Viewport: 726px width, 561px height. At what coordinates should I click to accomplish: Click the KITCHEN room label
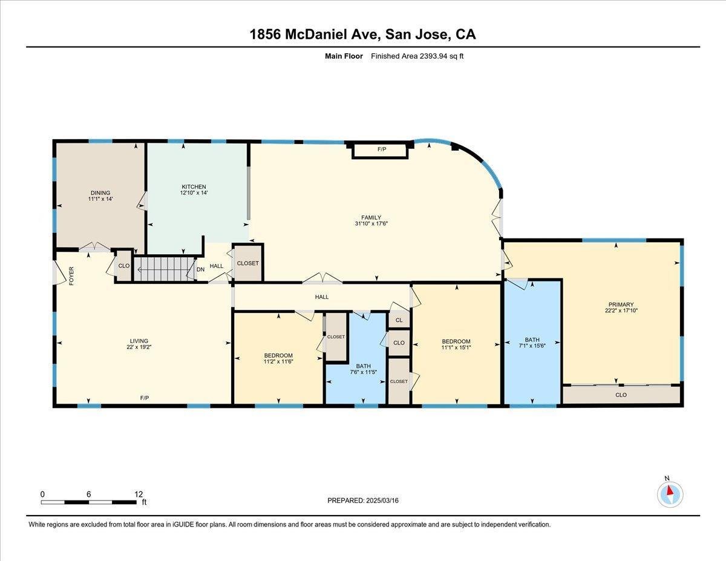point(194,187)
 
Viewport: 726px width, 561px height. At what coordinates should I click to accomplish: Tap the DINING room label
point(100,193)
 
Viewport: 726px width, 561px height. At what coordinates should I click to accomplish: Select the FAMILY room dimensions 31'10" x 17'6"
point(371,223)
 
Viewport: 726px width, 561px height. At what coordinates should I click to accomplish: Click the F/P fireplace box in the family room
point(381,149)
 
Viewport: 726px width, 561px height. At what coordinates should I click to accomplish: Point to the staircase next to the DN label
point(165,269)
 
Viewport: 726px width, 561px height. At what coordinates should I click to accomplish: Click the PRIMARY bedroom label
point(621,304)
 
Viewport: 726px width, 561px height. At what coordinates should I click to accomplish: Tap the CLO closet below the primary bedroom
point(621,395)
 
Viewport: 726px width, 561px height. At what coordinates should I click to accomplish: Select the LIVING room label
point(139,341)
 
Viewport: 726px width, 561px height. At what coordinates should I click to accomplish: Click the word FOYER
point(71,276)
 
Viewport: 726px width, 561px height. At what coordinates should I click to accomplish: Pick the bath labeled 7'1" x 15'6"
point(532,343)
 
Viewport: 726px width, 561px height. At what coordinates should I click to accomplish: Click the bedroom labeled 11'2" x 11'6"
point(278,358)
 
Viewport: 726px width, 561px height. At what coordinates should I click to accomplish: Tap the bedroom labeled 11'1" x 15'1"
point(456,344)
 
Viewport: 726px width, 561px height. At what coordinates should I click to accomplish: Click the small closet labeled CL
point(399,320)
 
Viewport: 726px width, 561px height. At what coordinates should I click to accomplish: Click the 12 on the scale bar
point(139,494)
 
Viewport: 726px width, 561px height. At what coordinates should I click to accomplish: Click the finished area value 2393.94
point(434,56)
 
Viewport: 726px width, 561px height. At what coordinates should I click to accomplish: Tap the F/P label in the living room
point(145,398)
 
